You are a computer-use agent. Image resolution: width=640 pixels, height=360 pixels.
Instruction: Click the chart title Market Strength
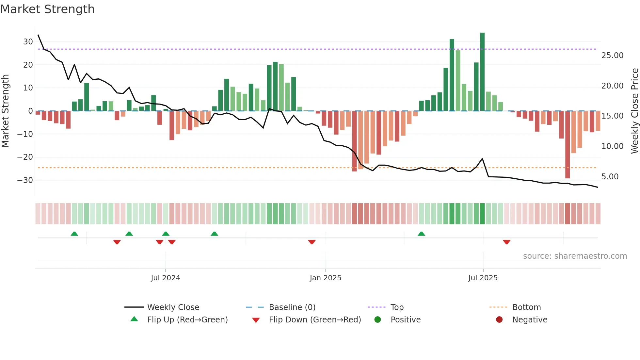(48, 9)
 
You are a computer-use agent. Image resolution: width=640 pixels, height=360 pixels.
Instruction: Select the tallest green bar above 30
(482, 72)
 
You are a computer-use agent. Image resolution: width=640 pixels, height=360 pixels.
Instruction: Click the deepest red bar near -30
(568, 145)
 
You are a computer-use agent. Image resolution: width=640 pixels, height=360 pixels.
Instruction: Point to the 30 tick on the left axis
(28, 42)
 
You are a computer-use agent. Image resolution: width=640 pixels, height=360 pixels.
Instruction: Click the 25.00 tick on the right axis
(612, 56)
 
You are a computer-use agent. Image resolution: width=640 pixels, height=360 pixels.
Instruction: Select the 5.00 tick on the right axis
(610, 177)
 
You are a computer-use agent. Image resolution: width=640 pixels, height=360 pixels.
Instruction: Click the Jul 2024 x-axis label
(166, 278)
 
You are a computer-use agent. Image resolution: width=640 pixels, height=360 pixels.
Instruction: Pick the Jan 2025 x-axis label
(326, 278)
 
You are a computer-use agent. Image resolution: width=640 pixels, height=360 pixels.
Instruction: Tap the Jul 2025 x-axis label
(483, 278)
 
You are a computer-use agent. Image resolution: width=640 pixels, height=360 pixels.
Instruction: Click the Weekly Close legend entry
(173, 307)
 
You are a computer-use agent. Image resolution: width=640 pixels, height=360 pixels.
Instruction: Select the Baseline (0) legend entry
(292, 307)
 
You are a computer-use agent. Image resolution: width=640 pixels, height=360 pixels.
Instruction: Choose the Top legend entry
(397, 307)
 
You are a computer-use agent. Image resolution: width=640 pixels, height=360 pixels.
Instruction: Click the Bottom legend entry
(526, 307)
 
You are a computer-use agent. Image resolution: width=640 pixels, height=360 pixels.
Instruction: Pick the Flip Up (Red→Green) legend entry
(187, 320)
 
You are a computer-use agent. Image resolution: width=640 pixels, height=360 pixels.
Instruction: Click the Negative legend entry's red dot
(499, 320)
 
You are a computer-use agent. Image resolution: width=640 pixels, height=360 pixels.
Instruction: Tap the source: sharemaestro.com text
(575, 256)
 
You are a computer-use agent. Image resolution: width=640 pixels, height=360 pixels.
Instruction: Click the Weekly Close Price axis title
(634, 111)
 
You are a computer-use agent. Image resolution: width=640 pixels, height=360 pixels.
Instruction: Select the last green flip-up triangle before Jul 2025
(422, 234)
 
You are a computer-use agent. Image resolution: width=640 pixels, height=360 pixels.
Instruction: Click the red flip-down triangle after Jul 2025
(507, 242)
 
